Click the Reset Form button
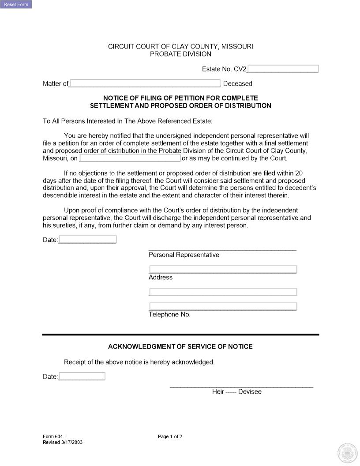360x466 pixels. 16,5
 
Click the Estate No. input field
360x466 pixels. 283,69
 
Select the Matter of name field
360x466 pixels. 145,83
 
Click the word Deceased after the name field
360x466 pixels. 238,83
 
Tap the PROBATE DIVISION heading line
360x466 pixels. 180,54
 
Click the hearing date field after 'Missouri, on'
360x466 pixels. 130,158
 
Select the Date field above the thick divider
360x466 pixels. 87,240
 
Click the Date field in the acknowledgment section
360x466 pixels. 82,376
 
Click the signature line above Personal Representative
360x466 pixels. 222,250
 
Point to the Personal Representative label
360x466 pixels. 184,255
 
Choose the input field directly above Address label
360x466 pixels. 223,270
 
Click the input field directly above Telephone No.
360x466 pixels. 223,307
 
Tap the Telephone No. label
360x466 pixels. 169,315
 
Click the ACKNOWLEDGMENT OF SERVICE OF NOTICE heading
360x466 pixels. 180,347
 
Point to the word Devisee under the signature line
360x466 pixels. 250,392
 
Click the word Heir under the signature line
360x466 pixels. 218,392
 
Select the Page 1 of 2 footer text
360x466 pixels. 170,437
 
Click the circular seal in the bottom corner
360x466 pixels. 347,453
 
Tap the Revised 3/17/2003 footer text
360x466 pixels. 63,443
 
